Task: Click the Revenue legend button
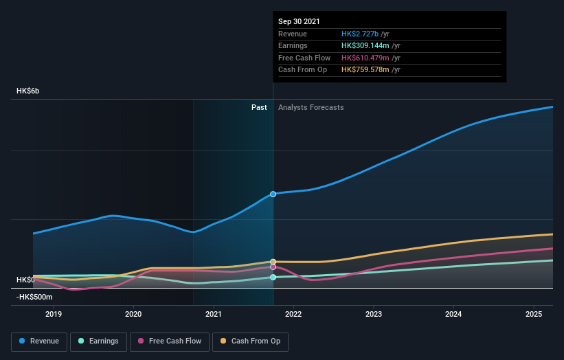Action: coord(39,341)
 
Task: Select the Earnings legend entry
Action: coord(98,341)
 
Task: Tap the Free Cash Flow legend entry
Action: coord(169,341)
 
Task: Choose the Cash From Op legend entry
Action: coord(250,341)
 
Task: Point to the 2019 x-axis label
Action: coord(54,314)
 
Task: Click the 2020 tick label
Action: coord(133,314)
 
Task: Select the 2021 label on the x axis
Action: coord(214,314)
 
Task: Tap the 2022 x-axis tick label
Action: coord(293,314)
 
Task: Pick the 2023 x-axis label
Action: coord(374,314)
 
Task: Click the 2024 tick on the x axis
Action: coord(453,314)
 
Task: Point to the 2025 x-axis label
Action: coord(534,314)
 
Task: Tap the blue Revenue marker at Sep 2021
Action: coord(273,194)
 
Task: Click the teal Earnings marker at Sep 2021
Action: coord(273,277)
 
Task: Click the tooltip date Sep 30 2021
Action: coord(299,22)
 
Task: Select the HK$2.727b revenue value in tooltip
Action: coord(365,34)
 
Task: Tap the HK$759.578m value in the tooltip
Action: coord(366,69)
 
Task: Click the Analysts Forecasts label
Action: coord(311,107)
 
